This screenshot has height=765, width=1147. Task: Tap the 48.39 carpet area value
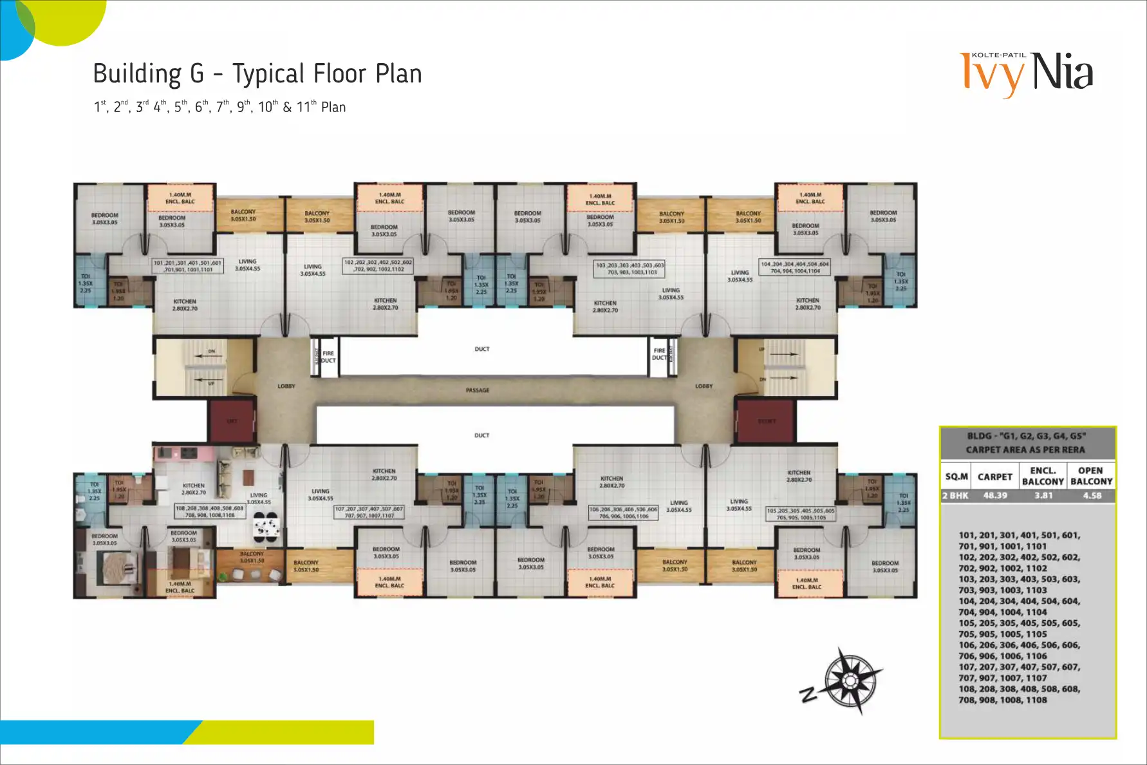coord(995,495)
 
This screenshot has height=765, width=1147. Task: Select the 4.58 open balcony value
coord(1092,495)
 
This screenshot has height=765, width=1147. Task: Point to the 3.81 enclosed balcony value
coord(1043,495)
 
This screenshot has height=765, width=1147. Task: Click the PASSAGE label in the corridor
coord(478,390)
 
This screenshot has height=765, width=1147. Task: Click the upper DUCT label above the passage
coord(482,349)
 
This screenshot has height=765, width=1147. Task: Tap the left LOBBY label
coord(286,386)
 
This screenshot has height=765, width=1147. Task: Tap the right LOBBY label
coord(704,386)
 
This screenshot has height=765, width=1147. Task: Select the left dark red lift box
coord(232,421)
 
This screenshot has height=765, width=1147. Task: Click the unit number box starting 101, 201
coord(187,266)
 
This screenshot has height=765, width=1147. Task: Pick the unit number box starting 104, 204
coord(795,267)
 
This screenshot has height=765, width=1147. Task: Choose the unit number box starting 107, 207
coord(369,512)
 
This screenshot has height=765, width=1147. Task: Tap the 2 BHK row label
coord(955,495)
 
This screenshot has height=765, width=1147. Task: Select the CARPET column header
coord(995,477)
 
